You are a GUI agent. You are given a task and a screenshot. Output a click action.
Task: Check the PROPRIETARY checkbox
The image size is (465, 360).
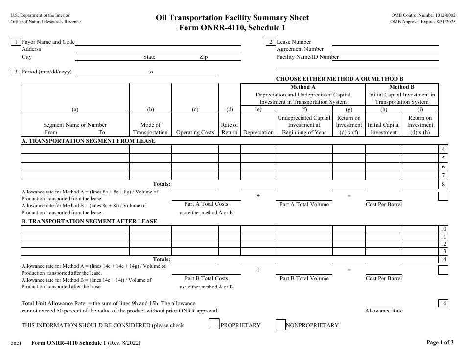click(214, 325)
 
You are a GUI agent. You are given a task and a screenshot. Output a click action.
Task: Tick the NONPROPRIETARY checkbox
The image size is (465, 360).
click(280, 325)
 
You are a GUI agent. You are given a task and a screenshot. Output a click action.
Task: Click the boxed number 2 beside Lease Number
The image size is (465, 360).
click(271, 42)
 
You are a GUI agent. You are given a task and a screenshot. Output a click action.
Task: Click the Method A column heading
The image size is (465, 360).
click(303, 87)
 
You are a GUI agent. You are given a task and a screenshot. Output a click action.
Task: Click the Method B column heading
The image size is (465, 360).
click(402, 87)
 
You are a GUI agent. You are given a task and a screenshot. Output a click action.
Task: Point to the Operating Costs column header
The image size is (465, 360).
click(195, 132)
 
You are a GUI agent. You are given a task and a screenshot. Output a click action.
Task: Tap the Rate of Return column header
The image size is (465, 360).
click(230, 128)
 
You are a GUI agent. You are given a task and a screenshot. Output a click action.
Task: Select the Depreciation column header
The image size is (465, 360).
click(258, 132)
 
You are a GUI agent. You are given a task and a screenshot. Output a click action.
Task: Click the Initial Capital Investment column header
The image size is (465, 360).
click(384, 128)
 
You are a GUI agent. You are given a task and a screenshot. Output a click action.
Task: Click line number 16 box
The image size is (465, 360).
click(443, 303)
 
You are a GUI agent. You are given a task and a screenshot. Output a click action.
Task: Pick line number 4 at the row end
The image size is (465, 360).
click(443, 149)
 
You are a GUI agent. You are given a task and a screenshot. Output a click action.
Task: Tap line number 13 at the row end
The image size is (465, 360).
click(443, 251)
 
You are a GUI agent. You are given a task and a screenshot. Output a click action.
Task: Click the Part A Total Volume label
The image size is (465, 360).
click(304, 204)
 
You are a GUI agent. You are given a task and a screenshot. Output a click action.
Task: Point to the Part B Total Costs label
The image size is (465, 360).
click(206, 278)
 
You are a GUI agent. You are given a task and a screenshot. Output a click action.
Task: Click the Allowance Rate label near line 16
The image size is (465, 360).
click(384, 311)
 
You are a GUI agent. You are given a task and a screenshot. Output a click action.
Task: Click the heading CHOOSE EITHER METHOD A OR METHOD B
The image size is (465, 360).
click(340, 79)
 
